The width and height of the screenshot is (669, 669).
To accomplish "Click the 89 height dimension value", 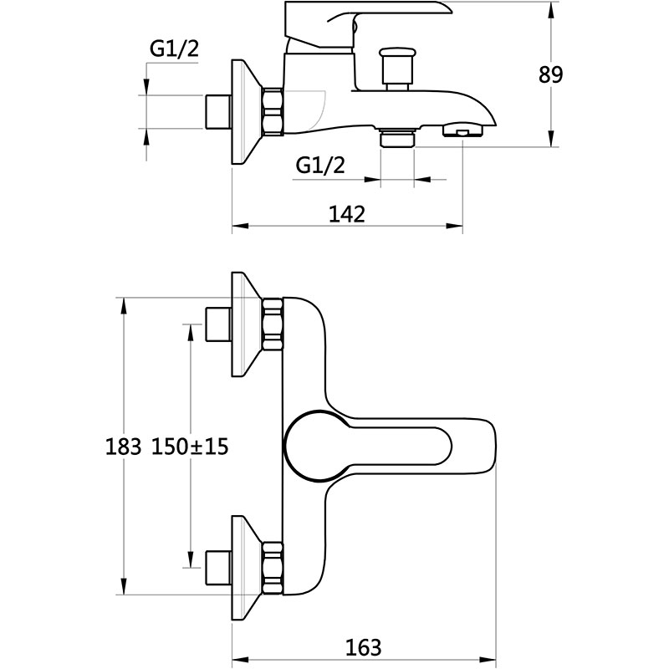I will point(551,74).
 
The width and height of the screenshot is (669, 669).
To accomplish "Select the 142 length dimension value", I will point(347,214).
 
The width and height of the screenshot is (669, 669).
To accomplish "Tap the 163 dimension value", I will point(362,646).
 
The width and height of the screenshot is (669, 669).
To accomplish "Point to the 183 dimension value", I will point(122,447).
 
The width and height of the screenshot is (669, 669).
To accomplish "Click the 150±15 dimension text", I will point(190,447).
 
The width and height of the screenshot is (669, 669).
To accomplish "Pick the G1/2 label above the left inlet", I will point(174,50).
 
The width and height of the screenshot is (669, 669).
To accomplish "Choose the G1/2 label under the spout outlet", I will point(320,166).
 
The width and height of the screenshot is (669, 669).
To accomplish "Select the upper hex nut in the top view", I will point(273,324).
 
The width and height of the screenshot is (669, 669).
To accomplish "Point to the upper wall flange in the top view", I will point(244,324).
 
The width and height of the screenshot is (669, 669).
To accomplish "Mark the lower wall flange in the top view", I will point(244,569).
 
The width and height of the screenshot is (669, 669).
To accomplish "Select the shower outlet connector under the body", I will point(397,138).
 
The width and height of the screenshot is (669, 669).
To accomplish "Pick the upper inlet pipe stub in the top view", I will point(218,324).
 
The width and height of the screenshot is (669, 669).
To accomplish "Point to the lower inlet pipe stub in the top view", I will point(218,569).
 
